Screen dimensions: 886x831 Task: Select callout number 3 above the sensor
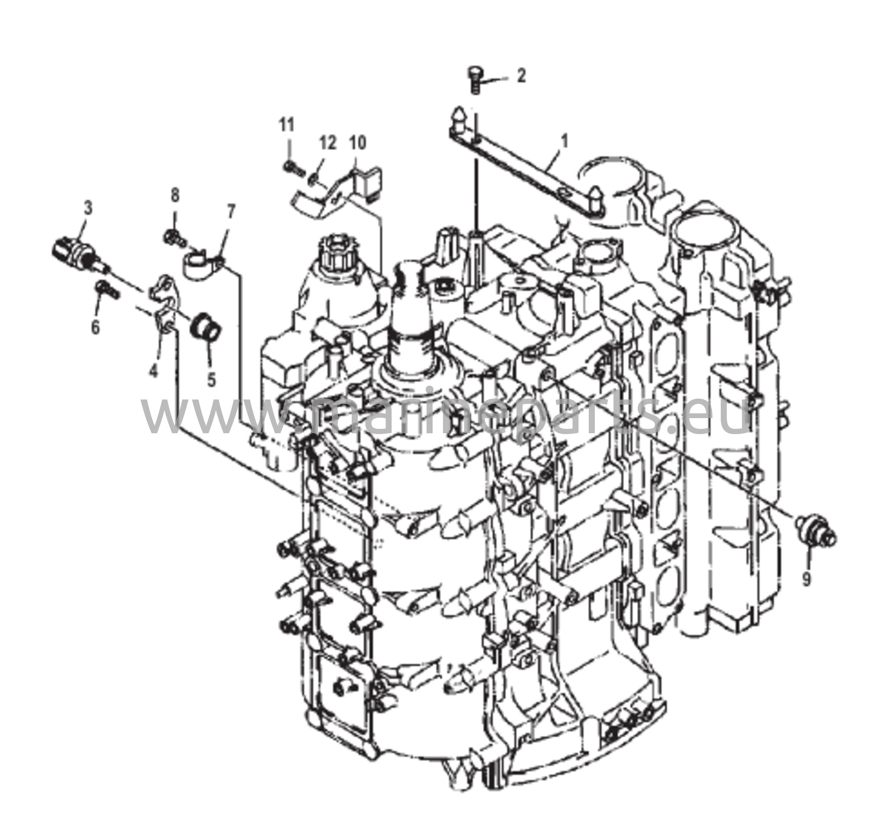[88, 208]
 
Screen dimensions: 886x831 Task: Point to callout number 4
[153, 370]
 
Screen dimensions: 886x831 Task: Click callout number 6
[95, 328]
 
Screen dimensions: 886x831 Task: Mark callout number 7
[231, 211]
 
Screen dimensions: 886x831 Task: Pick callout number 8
[175, 195]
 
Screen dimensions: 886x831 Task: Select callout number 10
[357, 143]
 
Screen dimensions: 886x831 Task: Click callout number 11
[287, 125]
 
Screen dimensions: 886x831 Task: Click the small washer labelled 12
[313, 179]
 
